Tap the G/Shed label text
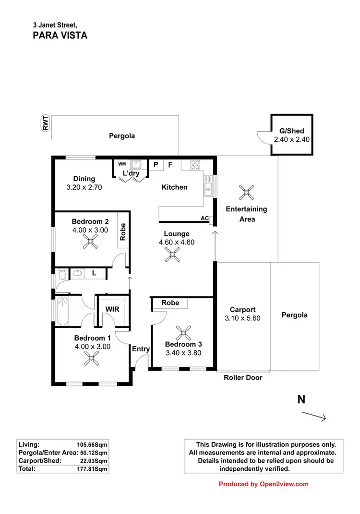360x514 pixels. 292,131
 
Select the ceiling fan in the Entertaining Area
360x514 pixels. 247,193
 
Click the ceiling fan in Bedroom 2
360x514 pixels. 89,244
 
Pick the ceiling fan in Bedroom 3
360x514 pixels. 183,332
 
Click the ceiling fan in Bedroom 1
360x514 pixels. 91,357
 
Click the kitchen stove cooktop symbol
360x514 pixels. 195,165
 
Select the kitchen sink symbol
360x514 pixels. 208,186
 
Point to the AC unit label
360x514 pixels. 204,219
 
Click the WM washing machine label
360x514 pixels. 122,164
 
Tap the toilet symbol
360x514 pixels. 61,274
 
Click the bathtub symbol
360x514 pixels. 62,311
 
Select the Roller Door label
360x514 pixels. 243,378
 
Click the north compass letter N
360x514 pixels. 301,399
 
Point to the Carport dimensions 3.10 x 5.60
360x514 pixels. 242,318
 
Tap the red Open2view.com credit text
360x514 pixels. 264,484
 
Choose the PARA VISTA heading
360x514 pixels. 60,35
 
